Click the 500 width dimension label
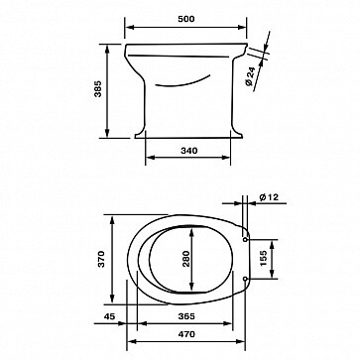(x=186, y=19)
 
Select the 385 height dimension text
(x=98, y=88)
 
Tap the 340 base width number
(x=189, y=151)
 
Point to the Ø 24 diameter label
(x=250, y=77)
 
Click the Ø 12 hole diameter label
(x=269, y=197)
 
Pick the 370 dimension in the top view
(x=101, y=259)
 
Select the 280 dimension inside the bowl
(x=186, y=259)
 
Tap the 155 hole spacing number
(x=263, y=259)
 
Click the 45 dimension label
(x=109, y=316)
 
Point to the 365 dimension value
(x=186, y=316)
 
